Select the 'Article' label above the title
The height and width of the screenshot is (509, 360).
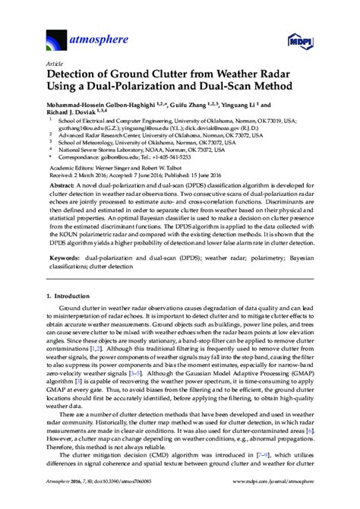pos(55,64)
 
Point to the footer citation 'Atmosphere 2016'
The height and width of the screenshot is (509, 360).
pos(68,501)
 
